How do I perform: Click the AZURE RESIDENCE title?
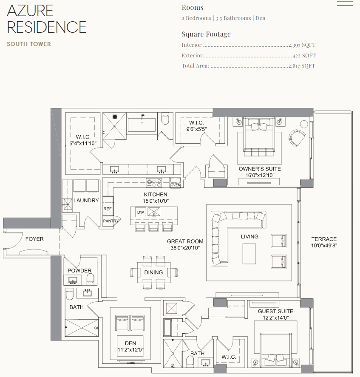point(46,19)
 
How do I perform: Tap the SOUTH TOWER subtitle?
point(29,44)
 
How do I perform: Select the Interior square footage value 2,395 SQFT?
point(302,45)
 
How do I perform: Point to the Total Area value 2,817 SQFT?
point(302,66)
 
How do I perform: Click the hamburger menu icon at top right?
point(345,4)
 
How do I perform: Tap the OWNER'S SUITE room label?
point(259,169)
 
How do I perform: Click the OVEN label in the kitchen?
point(175,185)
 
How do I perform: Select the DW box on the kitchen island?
point(140,212)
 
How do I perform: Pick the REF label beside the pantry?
point(108,209)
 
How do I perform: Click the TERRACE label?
point(324,239)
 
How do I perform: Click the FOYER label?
point(34,239)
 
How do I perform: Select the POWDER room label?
point(79,271)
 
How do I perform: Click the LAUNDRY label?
point(86,200)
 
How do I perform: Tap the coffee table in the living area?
point(249,254)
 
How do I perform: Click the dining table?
point(153,272)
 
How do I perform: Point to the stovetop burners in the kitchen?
point(154,183)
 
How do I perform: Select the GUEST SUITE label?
point(275,312)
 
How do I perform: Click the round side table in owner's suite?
point(304,124)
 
